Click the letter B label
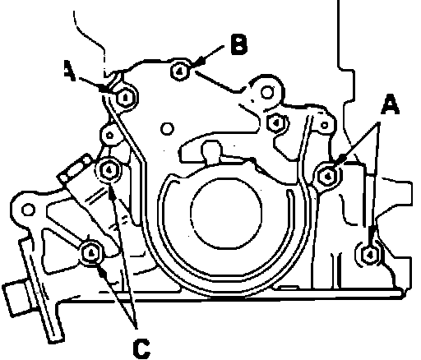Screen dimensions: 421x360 (x=238, y=44)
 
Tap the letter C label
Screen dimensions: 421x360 (x=141, y=348)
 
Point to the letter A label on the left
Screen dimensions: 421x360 (x=70, y=71)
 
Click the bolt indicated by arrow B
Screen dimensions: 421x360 (x=180, y=72)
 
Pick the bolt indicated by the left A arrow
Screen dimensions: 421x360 (x=126, y=97)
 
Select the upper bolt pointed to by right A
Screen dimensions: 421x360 (x=328, y=177)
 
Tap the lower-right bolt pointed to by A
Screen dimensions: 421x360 (x=369, y=254)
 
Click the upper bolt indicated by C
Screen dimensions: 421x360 (x=109, y=170)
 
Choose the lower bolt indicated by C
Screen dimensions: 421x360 (x=92, y=252)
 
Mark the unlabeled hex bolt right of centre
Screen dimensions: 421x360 (x=276, y=122)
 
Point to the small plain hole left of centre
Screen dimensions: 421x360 (x=167, y=128)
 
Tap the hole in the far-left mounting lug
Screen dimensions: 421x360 (x=28, y=210)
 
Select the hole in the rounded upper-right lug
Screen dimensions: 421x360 (x=266, y=92)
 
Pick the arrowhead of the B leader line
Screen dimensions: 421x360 (x=200, y=62)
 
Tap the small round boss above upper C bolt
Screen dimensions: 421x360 (x=109, y=135)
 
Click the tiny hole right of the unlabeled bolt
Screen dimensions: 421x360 (x=324, y=125)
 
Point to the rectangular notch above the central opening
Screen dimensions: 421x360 (x=212, y=150)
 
